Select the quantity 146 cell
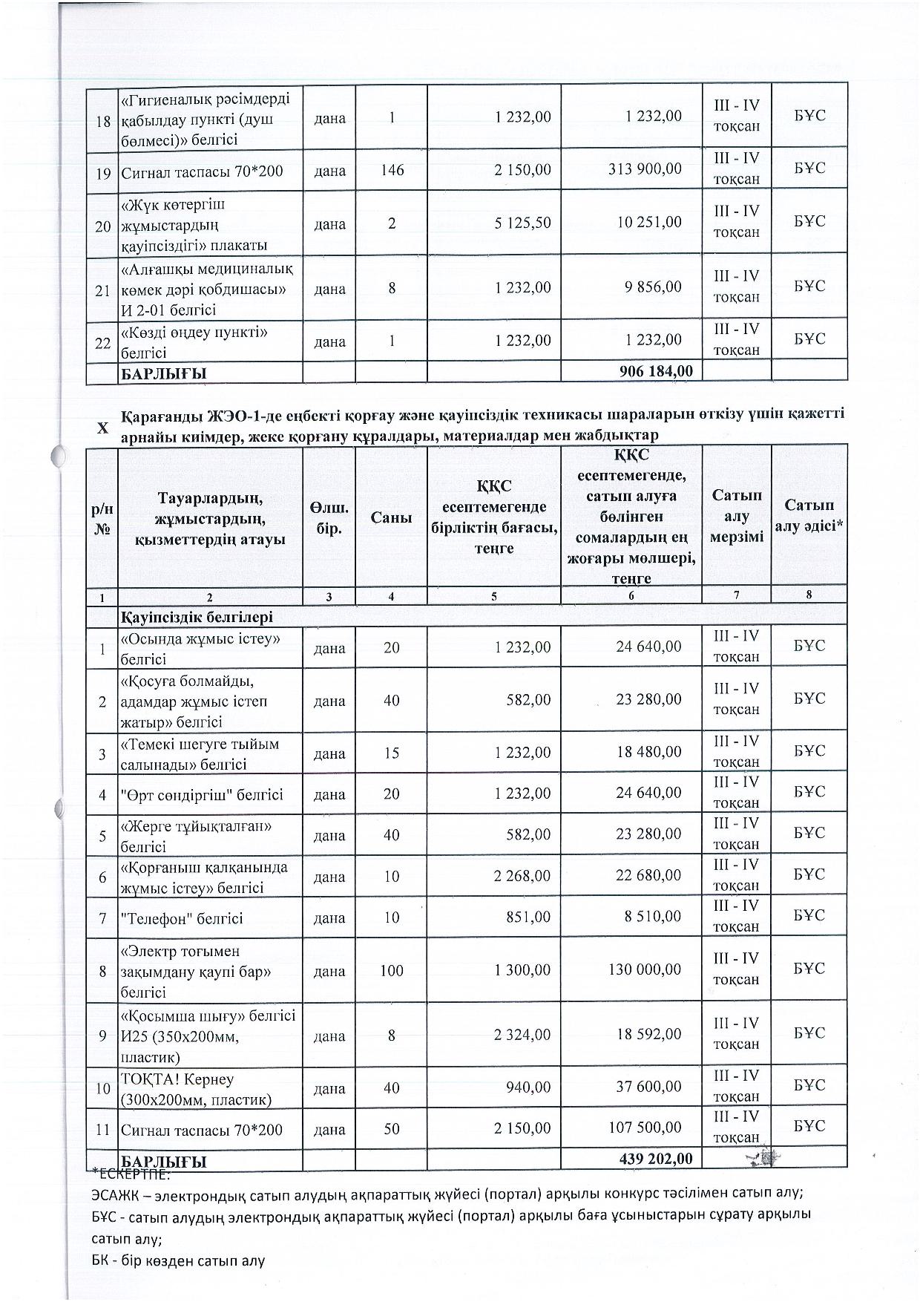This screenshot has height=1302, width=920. point(391,170)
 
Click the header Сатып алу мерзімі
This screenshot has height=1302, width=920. point(736,516)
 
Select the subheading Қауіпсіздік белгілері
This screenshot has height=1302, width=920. point(197,616)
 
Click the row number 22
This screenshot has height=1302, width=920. point(102,342)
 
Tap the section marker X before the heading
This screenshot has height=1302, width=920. point(102,428)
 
